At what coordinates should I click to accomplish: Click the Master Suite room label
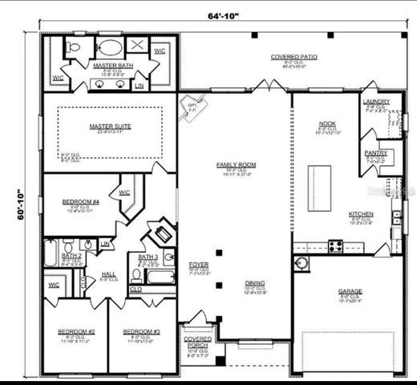[x=111, y=127]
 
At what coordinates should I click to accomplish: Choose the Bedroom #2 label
[x=76, y=331]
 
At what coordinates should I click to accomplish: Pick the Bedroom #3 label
[x=141, y=331]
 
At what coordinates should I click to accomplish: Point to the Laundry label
[x=376, y=102]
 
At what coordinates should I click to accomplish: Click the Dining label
[x=256, y=282]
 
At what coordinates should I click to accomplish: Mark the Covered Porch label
[x=196, y=342]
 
